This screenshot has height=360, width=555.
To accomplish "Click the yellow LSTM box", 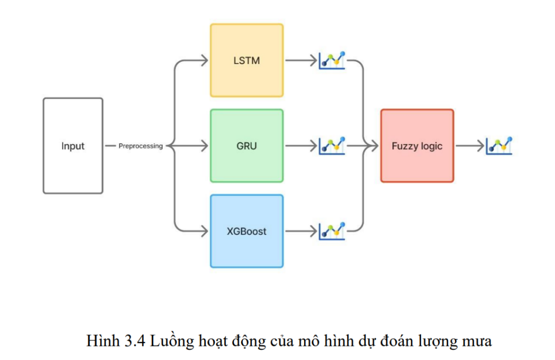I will (x=247, y=60).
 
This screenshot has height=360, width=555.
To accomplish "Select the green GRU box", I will (x=247, y=146).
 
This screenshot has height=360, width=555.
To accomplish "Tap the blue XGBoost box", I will (x=247, y=231).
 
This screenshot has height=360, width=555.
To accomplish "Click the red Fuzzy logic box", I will (x=417, y=146).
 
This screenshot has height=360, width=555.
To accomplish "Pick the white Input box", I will (x=73, y=146).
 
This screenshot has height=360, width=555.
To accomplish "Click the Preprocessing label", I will (x=140, y=146).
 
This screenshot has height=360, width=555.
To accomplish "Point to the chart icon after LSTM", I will (x=332, y=60).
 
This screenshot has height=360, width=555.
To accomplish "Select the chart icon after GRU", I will (x=332, y=145).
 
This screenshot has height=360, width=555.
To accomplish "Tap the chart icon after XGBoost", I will (x=332, y=230).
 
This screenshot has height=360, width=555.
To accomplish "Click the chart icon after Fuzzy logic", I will (x=499, y=145).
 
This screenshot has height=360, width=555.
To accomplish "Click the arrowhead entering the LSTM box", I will (x=204, y=60).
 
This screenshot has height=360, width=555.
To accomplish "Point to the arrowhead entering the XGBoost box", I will (x=204, y=232).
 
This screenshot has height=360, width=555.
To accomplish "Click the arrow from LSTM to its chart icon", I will (x=300, y=60).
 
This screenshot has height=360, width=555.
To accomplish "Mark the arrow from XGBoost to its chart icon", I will (x=300, y=232).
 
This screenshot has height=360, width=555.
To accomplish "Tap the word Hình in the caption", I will (x=104, y=342).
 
